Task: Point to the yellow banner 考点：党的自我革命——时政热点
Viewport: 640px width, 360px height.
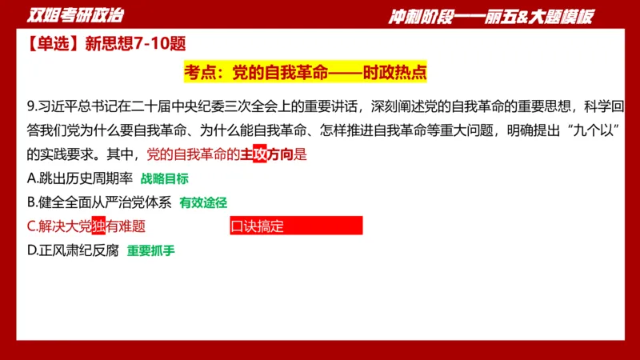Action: point(305,72)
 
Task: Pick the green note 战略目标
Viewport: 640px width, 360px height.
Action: point(165,179)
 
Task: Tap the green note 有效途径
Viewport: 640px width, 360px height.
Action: point(204,203)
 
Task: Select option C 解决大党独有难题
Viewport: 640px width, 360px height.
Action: point(86,226)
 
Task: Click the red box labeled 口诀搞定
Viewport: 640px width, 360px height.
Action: point(296,226)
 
